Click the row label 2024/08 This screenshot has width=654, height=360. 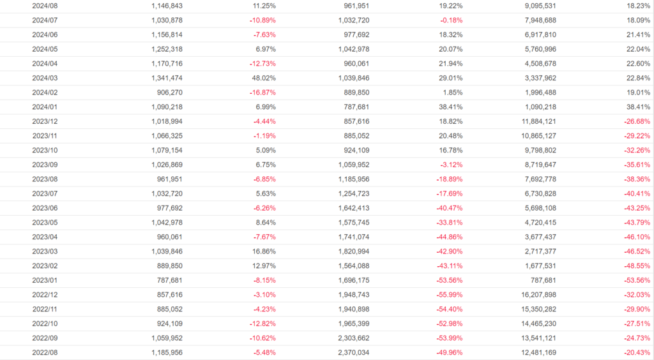[45, 6]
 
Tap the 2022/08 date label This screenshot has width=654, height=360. [45, 352]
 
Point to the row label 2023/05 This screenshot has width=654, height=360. [45, 221]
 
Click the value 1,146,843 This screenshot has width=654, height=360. [167, 6]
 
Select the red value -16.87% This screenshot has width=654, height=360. [262, 92]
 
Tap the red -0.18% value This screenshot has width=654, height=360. [450, 20]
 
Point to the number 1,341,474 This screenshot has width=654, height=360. [167, 77]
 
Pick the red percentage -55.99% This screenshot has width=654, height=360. [448, 294]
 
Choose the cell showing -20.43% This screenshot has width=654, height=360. [637, 352]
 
